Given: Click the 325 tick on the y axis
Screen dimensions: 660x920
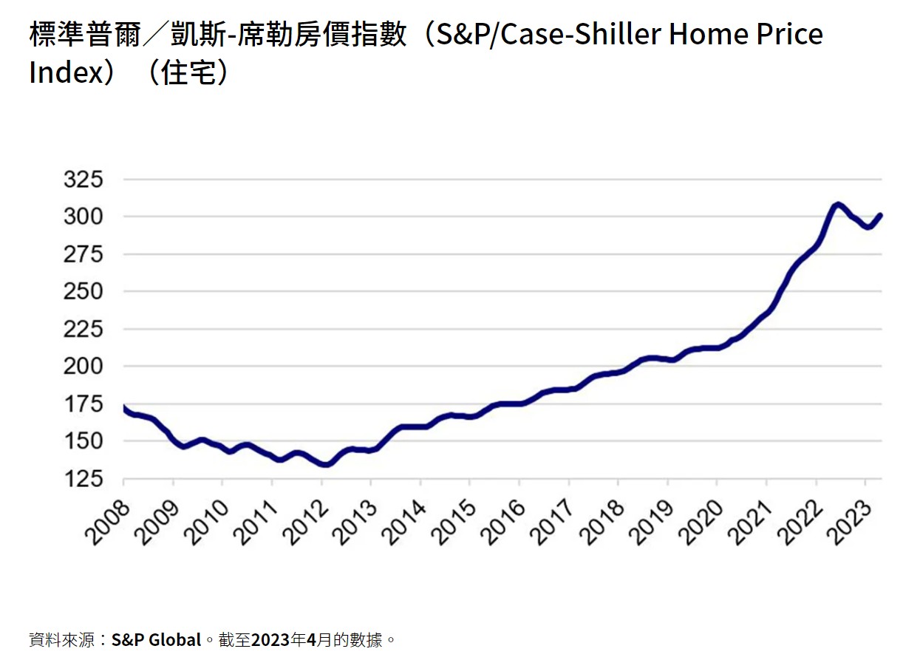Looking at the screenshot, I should point(86,180).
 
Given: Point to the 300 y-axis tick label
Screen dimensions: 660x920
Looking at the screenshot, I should point(86,217).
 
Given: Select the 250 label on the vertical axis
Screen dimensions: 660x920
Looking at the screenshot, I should point(86,292).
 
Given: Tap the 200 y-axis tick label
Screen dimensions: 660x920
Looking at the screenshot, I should point(86,367).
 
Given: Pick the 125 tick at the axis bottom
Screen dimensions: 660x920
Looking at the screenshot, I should point(86,479).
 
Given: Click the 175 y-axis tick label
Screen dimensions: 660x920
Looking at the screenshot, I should point(86,404).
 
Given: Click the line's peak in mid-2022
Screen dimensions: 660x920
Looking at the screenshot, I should point(836,204).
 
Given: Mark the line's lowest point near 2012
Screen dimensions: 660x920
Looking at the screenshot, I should point(326,464).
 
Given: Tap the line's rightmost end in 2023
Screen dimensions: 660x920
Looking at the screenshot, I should point(881,215).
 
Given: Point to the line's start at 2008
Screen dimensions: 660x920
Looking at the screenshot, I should point(124,407).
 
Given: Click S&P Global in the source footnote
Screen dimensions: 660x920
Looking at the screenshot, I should point(156,639).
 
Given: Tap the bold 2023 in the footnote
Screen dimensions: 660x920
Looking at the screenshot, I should point(270,639).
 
